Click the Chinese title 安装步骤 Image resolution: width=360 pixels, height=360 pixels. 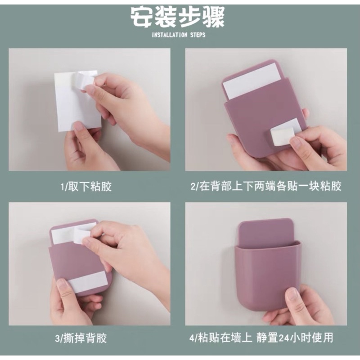point(178,17)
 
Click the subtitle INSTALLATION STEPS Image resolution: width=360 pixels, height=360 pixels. point(179,35)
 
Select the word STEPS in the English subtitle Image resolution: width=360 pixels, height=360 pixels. point(196,35)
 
